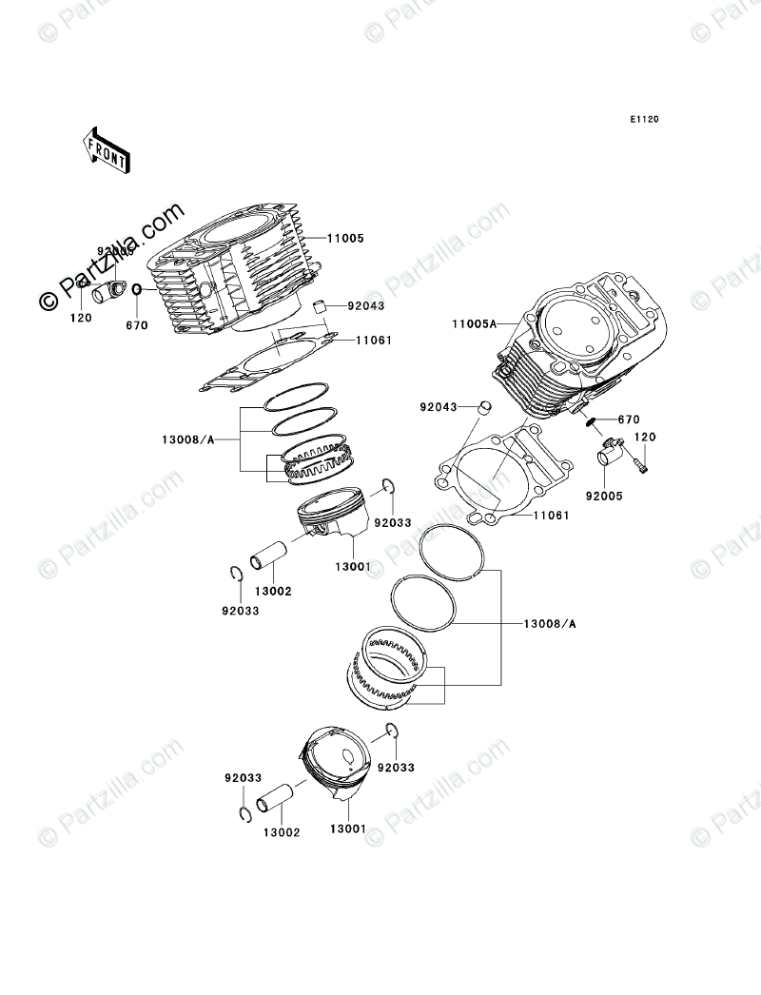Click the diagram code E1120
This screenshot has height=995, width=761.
[x=643, y=120]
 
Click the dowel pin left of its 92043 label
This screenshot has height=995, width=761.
[x=322, y=306]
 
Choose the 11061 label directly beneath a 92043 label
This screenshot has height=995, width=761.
[x=374, y=340]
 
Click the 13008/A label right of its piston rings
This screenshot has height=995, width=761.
[x=551, y=624]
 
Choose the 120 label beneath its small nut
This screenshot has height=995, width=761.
[x=81, y=319]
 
